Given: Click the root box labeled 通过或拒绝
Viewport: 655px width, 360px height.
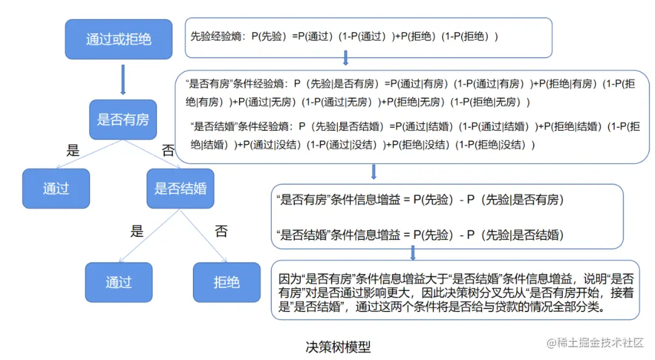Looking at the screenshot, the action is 118,39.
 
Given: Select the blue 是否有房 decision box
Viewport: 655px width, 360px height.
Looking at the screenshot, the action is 123,119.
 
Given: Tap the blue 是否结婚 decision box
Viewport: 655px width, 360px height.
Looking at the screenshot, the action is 180,188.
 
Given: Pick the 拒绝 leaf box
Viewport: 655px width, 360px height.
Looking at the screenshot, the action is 226,282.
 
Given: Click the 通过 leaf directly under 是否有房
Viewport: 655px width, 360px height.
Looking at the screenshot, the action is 56,188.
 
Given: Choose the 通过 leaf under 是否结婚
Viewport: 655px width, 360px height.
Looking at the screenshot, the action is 118,282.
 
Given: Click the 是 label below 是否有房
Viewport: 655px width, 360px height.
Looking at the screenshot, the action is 73,151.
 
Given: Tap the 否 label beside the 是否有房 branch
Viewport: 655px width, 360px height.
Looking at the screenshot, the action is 167,151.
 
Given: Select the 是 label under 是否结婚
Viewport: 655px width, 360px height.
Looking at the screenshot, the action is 137,231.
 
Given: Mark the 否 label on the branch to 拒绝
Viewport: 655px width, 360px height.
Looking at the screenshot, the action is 221,231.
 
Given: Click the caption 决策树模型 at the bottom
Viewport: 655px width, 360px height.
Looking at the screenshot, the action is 338,347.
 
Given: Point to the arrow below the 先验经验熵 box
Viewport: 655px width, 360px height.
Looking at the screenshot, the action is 345,58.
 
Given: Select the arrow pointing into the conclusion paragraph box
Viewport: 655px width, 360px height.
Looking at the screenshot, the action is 413,253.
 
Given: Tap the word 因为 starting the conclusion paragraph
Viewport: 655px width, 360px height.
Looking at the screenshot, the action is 285,280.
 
